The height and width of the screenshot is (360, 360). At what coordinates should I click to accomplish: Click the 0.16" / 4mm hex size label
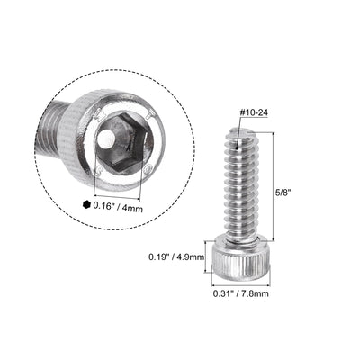point(119,205)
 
